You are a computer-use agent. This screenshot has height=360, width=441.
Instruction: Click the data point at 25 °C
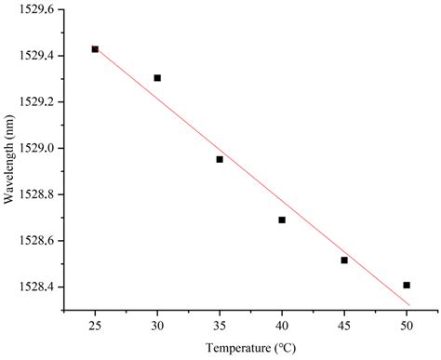point(95,49)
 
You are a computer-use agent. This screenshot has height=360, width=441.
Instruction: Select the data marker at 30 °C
point(157,78)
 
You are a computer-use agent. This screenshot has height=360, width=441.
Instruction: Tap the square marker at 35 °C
point(220,159)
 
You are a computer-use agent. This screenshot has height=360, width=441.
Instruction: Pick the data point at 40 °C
point(282,220)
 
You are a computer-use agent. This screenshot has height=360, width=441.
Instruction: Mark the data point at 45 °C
point(344,260)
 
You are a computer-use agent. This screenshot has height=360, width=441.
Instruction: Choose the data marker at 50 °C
point(407,285)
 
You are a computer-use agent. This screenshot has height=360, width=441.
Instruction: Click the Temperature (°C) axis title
point(251,349)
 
